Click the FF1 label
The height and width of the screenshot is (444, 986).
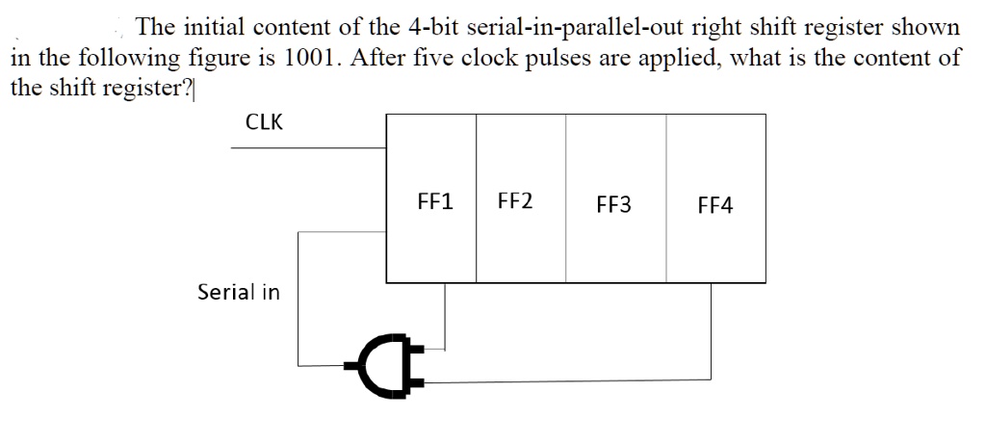(436, 203)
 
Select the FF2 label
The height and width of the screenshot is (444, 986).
(517, 202)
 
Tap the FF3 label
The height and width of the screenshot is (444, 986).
(614, 205)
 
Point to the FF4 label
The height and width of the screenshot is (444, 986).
(714, 206)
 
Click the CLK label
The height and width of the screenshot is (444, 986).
(265, 122)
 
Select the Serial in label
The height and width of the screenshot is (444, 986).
(239, 292)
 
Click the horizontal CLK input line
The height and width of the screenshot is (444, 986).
(308, 148)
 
